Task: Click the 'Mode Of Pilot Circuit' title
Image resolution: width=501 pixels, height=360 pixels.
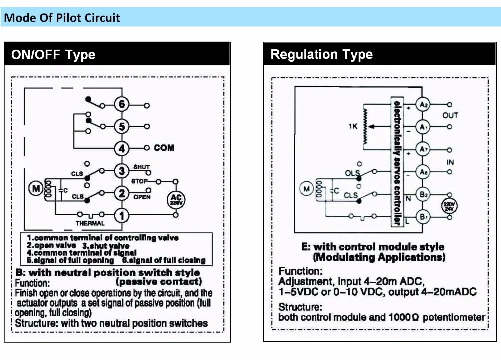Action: tap(62, 18)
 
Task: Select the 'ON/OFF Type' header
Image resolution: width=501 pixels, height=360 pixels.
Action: tap(53, 55)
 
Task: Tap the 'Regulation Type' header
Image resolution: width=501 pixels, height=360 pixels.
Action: tap(321, 54)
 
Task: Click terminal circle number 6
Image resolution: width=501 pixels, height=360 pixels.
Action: tap(121, 105)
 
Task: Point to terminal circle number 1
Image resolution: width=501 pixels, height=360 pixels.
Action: tap(121, 215)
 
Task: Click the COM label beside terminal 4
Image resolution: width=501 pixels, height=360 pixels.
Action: tap(164, 148)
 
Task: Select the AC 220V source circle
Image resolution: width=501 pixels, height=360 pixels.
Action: tap(176, 199)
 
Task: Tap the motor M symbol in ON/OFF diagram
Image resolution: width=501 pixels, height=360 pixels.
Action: tap(36, 189)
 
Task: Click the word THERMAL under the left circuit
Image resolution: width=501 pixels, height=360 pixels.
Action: tap(90, 223)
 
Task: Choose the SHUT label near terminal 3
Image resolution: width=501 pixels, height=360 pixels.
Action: tap(141, 167)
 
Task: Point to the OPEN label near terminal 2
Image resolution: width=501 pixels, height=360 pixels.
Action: tap(141, 197)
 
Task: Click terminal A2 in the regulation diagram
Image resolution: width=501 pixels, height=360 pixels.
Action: tap(424, 105)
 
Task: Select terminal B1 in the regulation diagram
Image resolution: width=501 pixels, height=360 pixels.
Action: tap(424, 217)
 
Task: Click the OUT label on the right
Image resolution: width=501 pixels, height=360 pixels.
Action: tap(450, 115)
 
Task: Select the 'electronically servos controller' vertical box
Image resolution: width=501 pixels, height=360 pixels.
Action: tap(397, 163)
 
